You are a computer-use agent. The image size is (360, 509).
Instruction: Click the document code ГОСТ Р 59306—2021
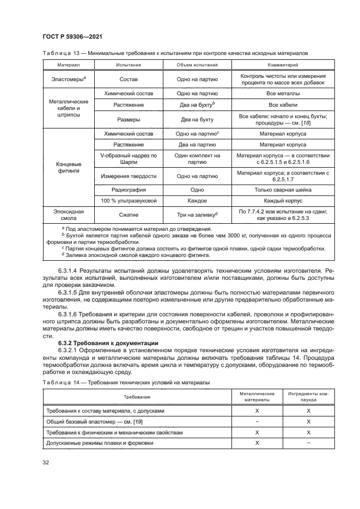(72, 36)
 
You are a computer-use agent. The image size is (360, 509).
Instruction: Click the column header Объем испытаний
(197, 65)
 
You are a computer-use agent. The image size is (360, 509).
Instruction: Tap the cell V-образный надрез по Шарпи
(129, 159)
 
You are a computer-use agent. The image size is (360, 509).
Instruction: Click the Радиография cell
(129, 190)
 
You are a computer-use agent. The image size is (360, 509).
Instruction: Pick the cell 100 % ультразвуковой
(129, 201)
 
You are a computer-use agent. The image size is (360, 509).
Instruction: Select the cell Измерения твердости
(129, 176)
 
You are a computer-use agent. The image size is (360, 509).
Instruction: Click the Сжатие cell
(129, 214)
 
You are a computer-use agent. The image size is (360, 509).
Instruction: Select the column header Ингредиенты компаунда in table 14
(308, 396)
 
